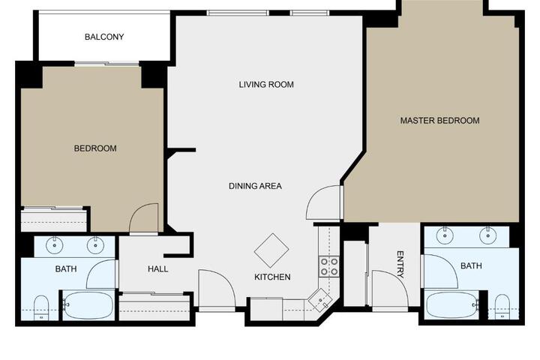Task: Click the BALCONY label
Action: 104,37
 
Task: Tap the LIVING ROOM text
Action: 266,85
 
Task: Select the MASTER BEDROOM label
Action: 439,121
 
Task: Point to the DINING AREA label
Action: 255,186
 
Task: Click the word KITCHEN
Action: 272,277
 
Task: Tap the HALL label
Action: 158,269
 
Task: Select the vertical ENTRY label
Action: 400,265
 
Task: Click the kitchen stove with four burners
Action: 329,267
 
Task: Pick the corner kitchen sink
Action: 321,300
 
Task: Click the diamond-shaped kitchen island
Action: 271,250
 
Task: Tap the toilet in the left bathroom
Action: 41,307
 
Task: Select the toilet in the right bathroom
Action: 502,306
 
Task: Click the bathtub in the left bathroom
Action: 88,305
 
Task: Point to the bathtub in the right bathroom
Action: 452,305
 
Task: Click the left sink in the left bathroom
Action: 55,245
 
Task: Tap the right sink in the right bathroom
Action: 487,235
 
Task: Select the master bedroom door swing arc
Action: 313,195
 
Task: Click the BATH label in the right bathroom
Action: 471,266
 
